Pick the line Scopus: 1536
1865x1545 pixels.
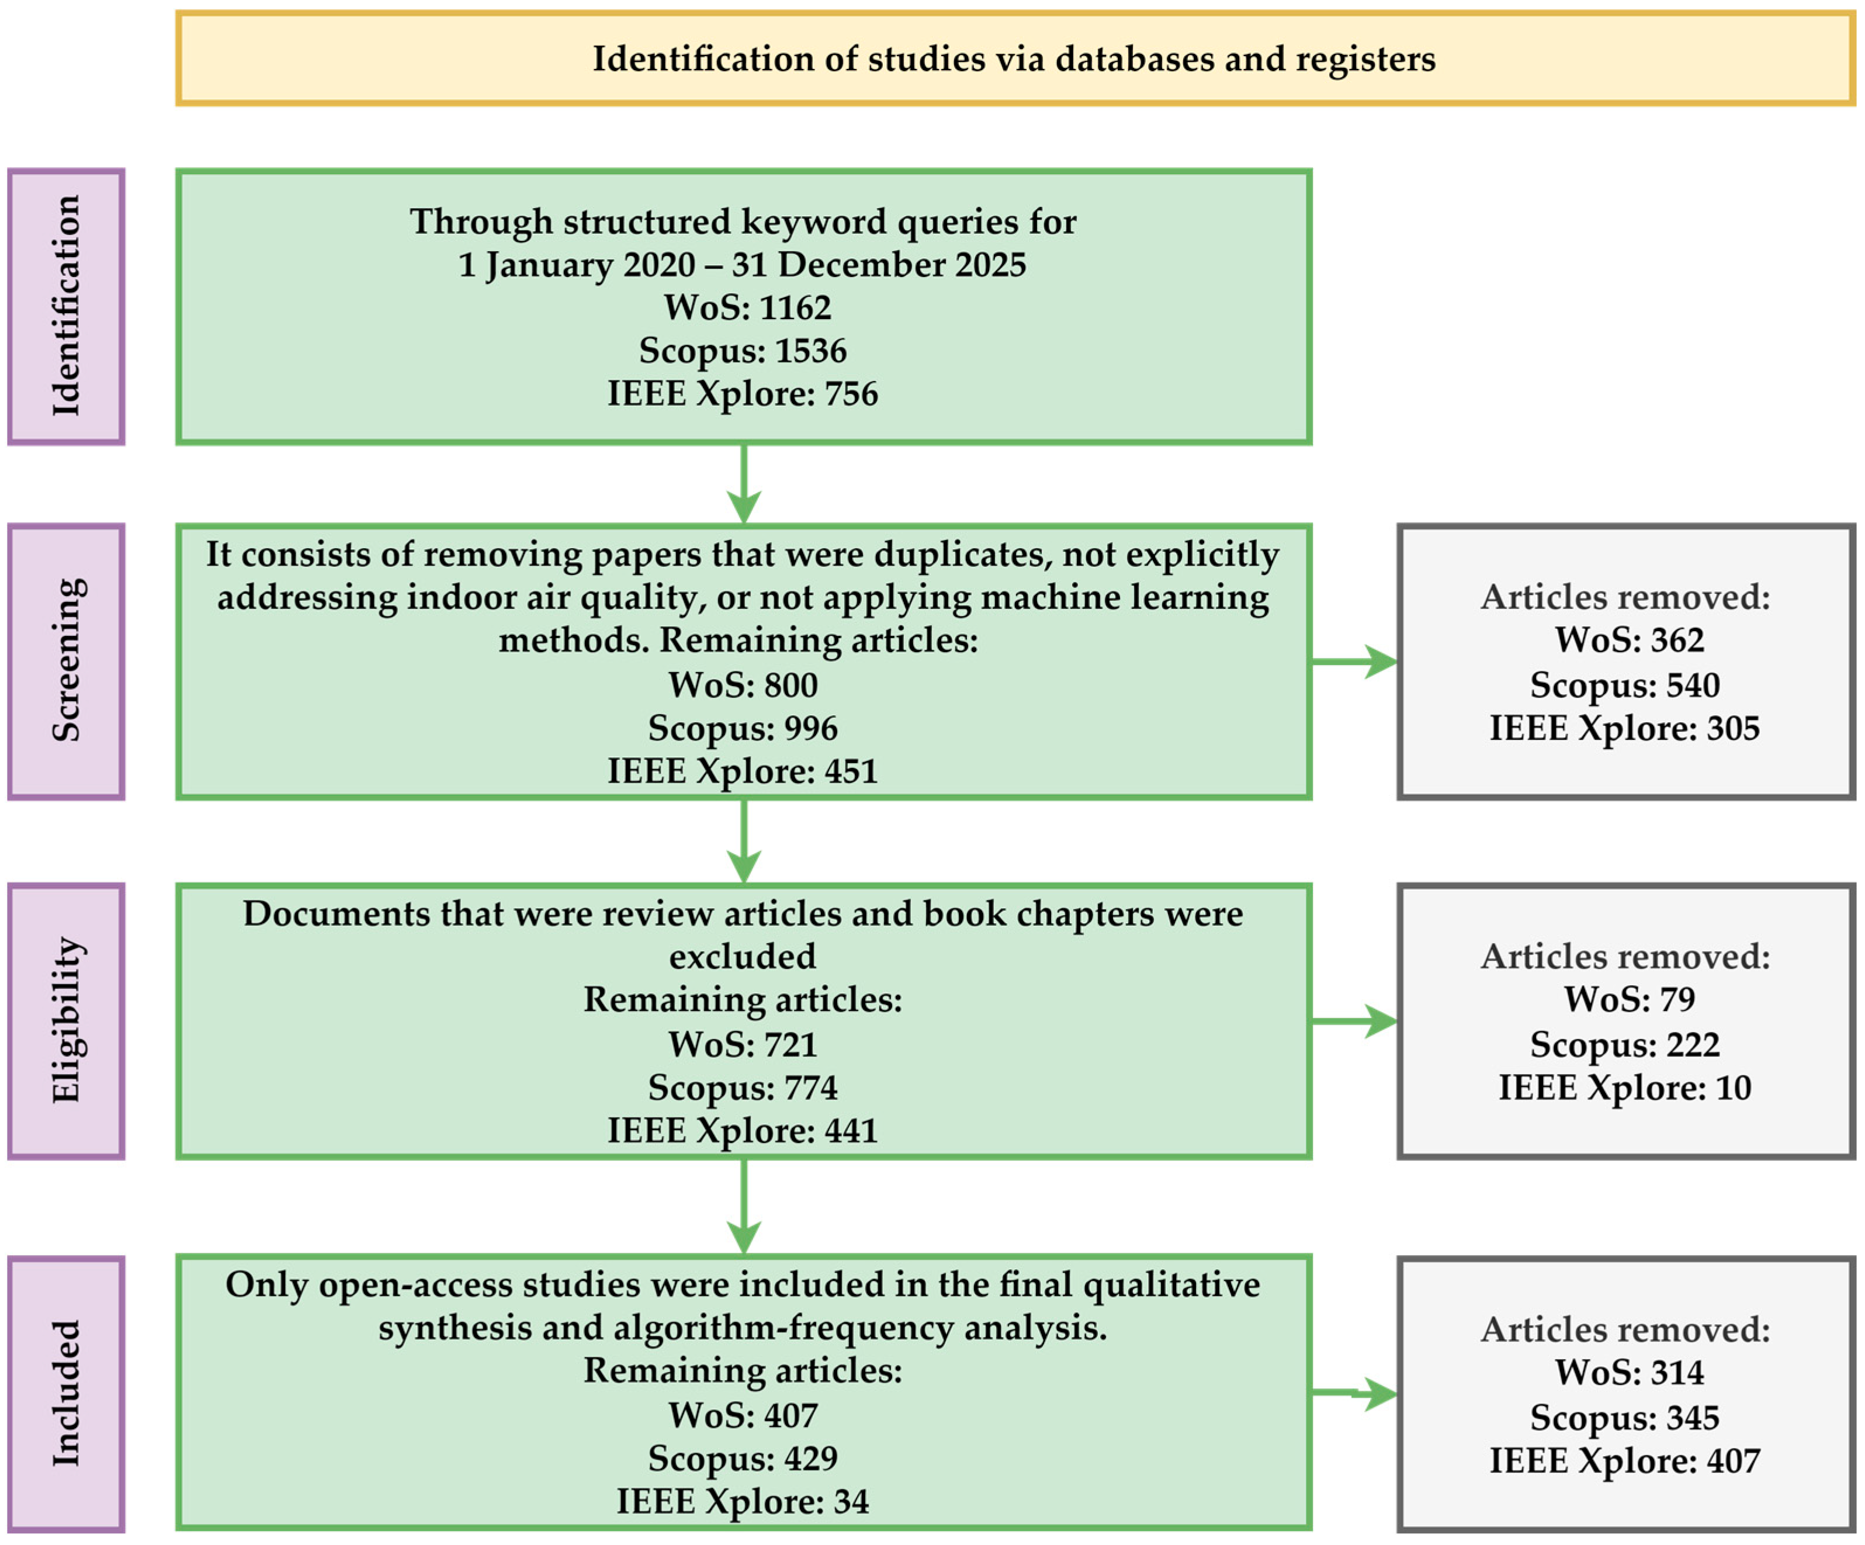[x=743, y=351]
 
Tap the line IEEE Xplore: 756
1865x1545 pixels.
[x=743, y=394]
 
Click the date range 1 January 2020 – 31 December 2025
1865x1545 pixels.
[x=743, y=265]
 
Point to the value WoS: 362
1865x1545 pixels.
[x=1630, y=640]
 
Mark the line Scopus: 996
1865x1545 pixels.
[x=743, y=729]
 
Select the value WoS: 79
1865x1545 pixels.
[x=1630, y=999]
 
